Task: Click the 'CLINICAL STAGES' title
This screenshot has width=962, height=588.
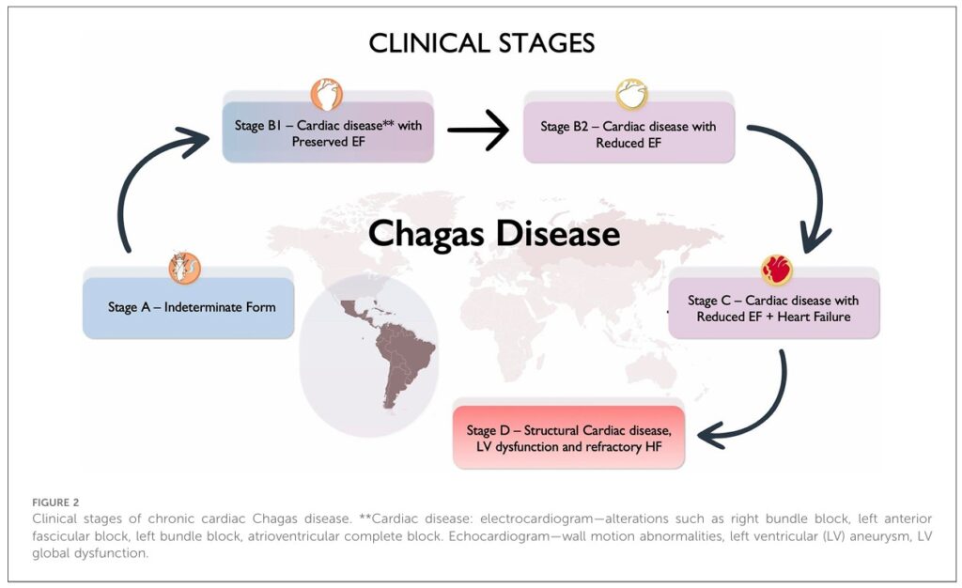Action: coord(481,43)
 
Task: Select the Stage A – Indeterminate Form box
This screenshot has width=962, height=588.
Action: coord(189,307)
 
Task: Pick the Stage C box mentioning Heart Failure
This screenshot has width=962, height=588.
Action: coord(773,309)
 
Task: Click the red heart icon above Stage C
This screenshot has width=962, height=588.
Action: coord(776,271)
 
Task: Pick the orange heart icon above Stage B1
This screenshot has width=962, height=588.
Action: coord(326,95)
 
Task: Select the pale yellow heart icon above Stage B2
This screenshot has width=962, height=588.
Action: coord(631,95)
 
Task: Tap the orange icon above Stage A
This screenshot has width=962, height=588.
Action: coord(184,268)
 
